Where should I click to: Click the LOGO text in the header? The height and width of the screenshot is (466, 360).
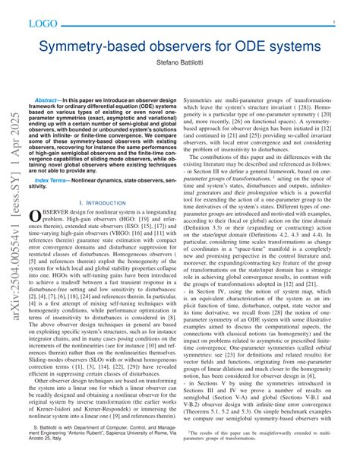pyautogui.click(x=44, y=24)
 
